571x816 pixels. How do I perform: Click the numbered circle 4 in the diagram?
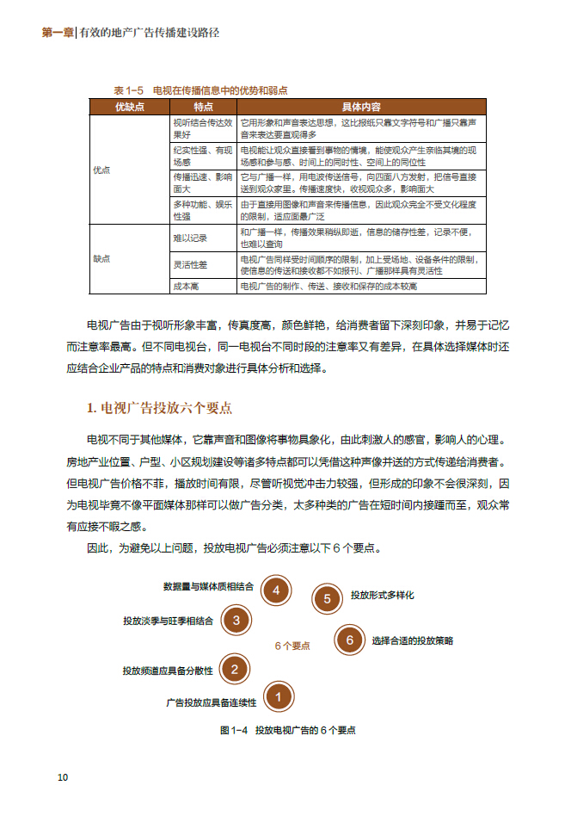pyautogui.click(x=275, y=590)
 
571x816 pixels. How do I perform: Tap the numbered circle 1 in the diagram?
pyautogui.click(x=279, y=695)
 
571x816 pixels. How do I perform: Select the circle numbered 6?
pyautogui.click(x=349, y=640)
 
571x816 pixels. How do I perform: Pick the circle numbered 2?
pyautogui.click(x=235, y=668)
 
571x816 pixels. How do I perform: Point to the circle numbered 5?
pyautogui.click(x=327, y=599)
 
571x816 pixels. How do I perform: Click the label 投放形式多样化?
pyautogui.click(x=383, y=595)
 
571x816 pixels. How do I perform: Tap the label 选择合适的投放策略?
pyautogui.click(x=412, y=640)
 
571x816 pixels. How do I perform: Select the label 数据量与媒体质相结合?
pyautogui.click(x=208, y=586)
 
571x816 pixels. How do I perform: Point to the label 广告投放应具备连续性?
pyautogui.click(x=211, y=702)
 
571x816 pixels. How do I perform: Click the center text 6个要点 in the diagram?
pyautogui.click(x=292, y=645)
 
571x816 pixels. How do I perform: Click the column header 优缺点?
pyautogui.click(x=129, y=107)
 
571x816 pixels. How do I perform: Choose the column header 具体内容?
pyautogui.click(x=361, y=107)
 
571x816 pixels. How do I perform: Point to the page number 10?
pyautogui.click(x=63, y=777)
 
